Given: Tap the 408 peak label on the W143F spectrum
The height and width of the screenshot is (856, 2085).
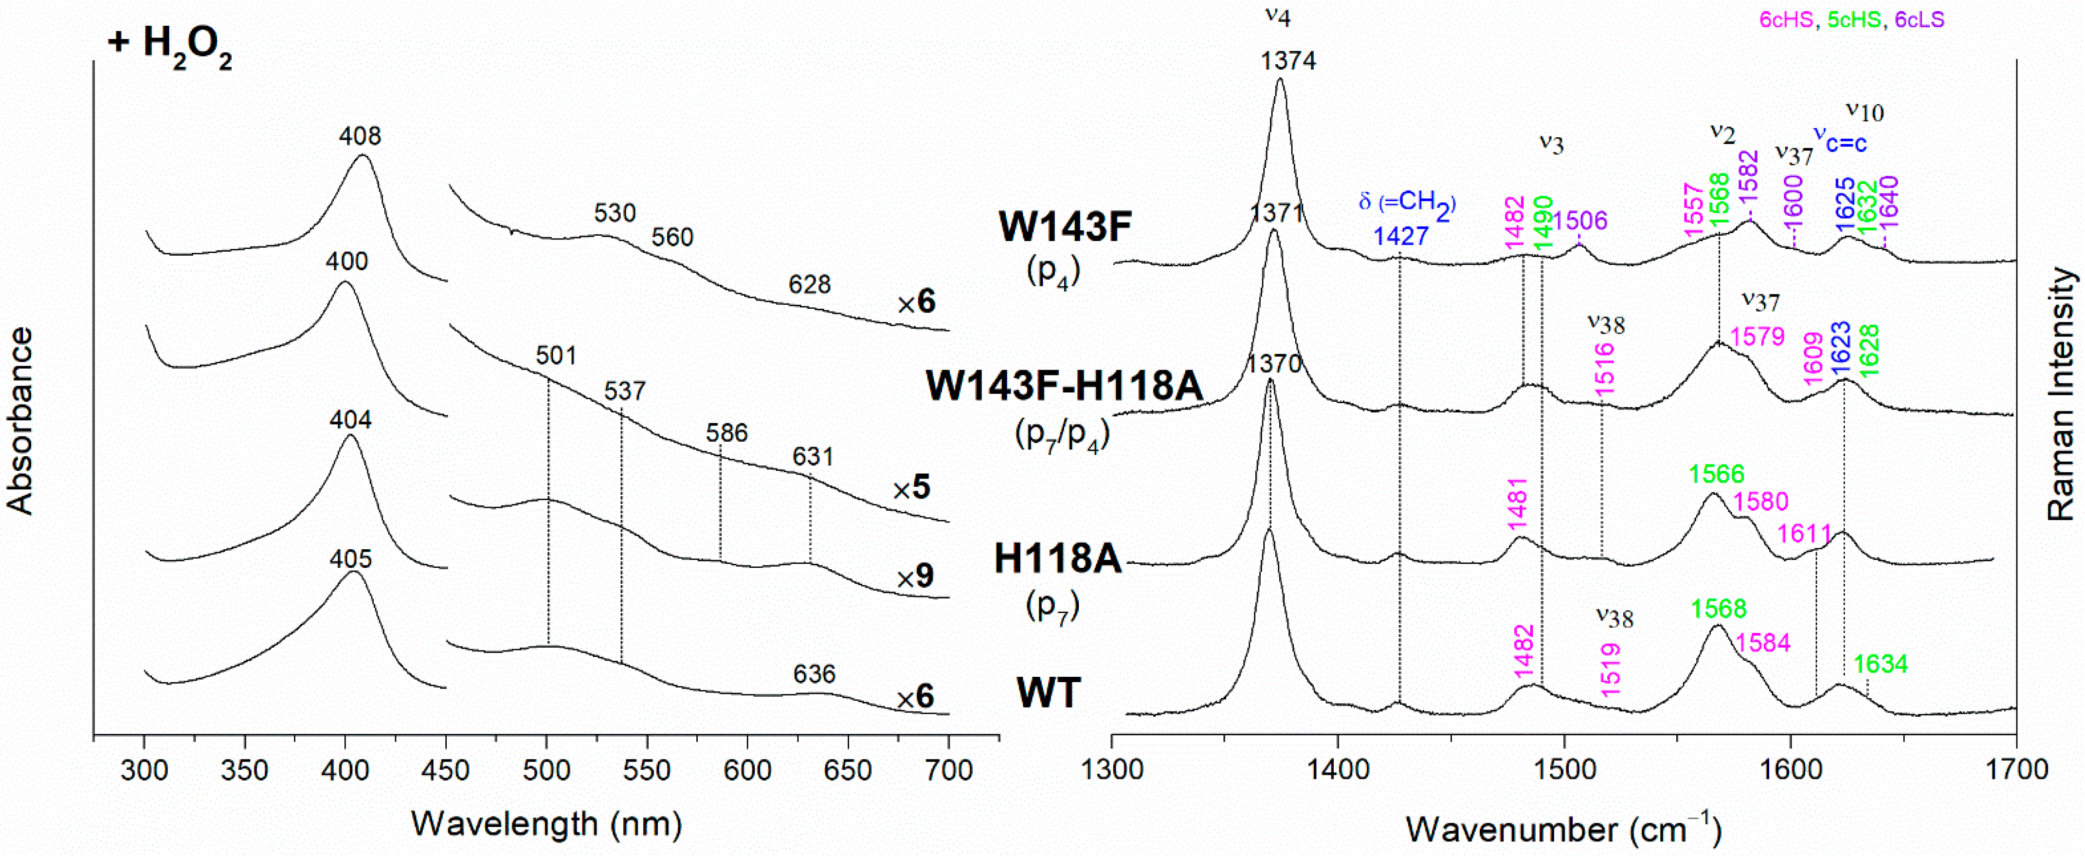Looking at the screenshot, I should tap(360, 136).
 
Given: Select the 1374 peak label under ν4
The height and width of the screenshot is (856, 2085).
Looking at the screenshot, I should tap(1288, 61).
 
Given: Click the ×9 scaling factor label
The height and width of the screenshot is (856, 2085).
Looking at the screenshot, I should tap(915, 577).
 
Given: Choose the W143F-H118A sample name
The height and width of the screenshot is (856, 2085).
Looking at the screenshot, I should tap(1064, 387).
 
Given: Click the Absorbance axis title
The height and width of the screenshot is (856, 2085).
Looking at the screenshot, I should tap(20, 421).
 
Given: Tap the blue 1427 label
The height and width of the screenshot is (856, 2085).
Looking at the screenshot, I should tap(1400, 237).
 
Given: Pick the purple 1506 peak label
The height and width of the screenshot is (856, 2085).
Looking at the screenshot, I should tap(1580, 220).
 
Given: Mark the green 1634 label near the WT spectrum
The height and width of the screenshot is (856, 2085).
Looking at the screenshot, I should tap(1880, 665).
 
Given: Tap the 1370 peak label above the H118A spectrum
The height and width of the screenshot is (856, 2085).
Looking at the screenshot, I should tap(1274, 364).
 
